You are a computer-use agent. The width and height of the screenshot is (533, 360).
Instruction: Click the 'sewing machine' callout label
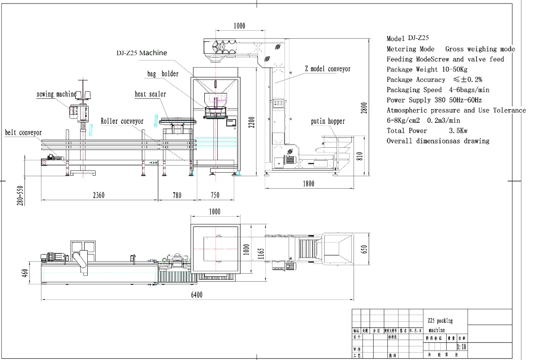click(x=56, y=94)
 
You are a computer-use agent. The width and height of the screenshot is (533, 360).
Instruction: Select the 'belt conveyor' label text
click(x=23, y=133)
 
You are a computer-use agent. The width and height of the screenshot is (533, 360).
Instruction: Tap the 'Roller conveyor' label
click(x=122, y=121)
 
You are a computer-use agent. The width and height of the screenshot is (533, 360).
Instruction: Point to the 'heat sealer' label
click(x=150, y=94)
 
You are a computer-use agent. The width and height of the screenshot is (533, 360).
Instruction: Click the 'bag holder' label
click(x=163, y=73)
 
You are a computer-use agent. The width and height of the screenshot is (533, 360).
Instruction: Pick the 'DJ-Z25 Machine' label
click(x=142, y=53)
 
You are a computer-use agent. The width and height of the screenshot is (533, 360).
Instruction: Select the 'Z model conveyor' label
click(x=327, y=69)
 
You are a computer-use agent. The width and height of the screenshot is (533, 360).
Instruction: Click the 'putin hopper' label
click(x=328, y=121)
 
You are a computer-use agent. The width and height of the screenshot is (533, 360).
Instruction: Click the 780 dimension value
click(x=177, y=195)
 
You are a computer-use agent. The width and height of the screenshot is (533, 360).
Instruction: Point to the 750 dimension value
click(x=215, y=195)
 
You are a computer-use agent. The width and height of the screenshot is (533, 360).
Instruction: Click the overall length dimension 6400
click(x=196, y=295)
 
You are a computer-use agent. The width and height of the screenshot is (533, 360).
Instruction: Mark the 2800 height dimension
click(x=364, y=108)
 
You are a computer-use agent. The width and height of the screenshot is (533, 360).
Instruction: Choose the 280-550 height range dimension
click(x=20, y=195)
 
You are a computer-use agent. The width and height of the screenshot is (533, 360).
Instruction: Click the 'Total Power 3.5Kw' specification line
click(x=427, y=131)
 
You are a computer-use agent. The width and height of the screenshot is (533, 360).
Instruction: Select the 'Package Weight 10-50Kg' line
click(x=427, y=69)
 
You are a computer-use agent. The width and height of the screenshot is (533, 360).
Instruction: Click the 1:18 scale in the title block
click(x=462, y=347)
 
